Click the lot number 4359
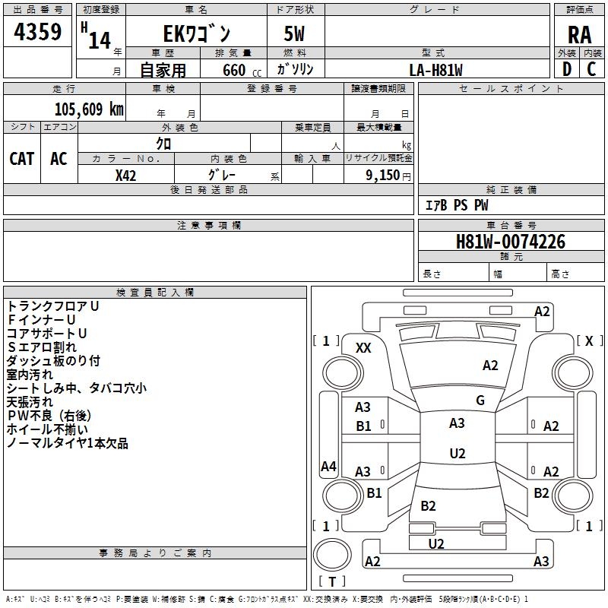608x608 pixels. point(37,31)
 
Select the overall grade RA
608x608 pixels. point(579,35)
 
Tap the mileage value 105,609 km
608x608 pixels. point(89,109)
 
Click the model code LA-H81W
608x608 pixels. point(435,70)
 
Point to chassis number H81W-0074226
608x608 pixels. point(510,242)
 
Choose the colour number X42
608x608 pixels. point(125,176)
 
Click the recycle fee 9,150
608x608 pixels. point(383,175)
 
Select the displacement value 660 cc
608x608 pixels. point(242,70)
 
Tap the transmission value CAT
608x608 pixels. point(22,159)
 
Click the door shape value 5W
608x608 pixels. point(294,33)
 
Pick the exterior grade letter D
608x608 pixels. point(566,69)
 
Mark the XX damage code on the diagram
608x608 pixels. point(363,348)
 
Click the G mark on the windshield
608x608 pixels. point(480,400)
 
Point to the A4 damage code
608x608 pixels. point(328,466)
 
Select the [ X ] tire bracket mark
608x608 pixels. point(589,340)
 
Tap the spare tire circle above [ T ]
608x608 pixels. point(332,555)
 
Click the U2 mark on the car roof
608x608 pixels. point(458,453)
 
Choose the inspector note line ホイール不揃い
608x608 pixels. point(47,429)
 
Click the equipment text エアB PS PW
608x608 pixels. point(457,205)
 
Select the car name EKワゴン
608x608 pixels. point(197,33)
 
